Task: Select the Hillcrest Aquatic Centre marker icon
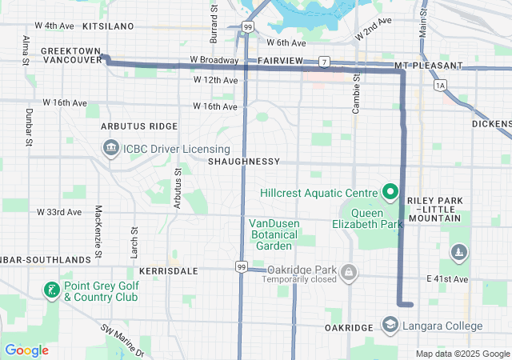[x=390, y=192]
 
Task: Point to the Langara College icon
[x=390, y=326]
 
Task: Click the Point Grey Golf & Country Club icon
[x=51, y=290]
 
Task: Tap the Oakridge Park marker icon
[x=348, y=274]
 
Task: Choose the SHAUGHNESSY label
[x=243, y=162]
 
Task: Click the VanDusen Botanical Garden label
[x=273, y=234]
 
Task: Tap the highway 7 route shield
[x=323, y=62]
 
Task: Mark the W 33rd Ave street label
[x=59, y=212]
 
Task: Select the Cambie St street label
[x=357, y=92]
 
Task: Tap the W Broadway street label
[x=214, y=60]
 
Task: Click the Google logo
[x=26, y=350]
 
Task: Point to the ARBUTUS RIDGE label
[x=139, y=126]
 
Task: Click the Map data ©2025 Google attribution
[x=462, y=354]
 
